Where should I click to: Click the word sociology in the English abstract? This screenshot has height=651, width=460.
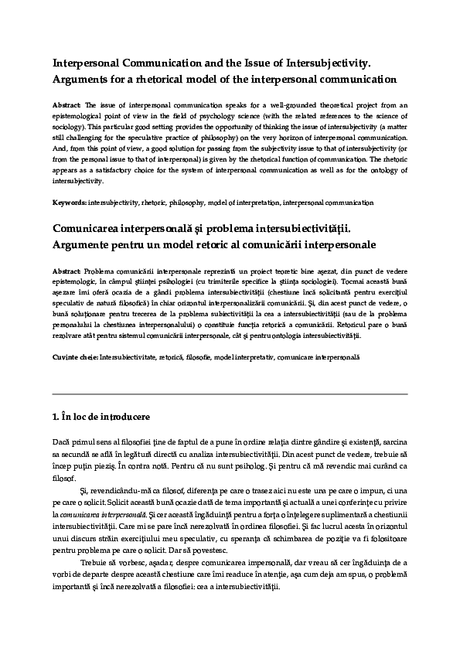click(70, 125)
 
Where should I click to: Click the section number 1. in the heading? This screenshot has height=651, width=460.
click(56, 417)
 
